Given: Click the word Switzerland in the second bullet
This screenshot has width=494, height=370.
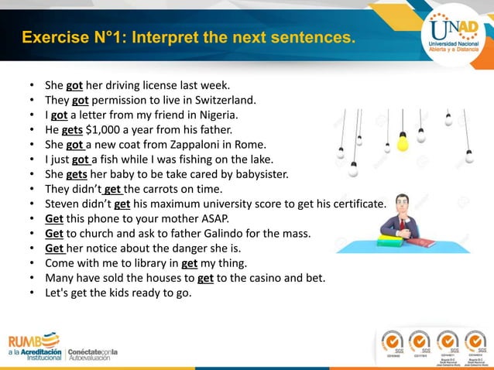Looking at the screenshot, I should click(x=225, y=101).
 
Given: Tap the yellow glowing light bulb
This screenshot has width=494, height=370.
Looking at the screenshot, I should click(x=402, y=142).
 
